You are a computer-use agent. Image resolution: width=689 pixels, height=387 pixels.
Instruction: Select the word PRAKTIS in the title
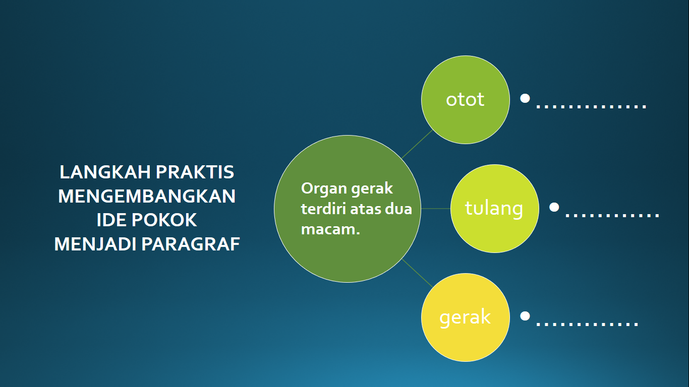195,172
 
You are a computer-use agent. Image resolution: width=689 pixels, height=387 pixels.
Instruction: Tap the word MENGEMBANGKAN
147,196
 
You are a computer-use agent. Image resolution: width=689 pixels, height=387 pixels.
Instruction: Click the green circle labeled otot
466,100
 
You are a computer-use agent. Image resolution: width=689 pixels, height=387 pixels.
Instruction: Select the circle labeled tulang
495,209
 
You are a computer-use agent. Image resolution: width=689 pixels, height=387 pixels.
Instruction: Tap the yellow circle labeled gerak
466,317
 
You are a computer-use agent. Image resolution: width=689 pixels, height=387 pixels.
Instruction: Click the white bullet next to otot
525,98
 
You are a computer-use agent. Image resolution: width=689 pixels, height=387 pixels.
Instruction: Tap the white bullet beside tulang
554,207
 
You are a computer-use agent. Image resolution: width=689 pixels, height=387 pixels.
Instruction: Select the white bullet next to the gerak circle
525,316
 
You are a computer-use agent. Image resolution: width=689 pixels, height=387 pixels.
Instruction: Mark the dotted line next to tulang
612,216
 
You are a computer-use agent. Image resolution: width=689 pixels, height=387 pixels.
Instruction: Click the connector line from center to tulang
436,209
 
